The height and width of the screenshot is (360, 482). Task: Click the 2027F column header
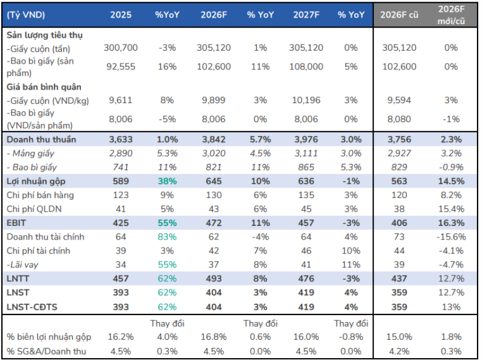(306, 15)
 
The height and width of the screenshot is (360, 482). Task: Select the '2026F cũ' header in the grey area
(399, 15)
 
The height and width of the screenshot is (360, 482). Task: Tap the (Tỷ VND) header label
(26, 15)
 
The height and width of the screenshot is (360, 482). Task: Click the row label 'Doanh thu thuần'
(41, 140)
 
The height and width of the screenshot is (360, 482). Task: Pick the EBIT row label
(16, 223)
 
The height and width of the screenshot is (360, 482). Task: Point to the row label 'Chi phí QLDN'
(34, 209)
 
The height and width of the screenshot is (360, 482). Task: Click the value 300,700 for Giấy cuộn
(120, 47)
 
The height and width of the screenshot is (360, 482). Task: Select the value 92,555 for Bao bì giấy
(120, 66)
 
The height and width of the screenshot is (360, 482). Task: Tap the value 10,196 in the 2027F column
(306, 100)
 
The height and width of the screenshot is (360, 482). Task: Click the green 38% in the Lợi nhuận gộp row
(167, 182)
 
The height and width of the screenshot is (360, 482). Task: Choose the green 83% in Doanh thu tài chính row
(167, 237)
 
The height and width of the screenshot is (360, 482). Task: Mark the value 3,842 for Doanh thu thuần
(214, 140)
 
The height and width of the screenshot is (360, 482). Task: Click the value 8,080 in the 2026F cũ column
(399, 120)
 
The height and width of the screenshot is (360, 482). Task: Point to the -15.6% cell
(451, 237)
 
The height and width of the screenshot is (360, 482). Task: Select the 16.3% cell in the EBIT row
(451, 223)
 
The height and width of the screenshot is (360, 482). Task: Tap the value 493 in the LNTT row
(214, 279)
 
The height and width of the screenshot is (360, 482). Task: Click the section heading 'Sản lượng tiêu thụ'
(44, 35)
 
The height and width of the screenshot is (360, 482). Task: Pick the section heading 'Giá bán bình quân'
(44, 87)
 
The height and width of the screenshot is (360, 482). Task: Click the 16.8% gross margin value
(214, 337)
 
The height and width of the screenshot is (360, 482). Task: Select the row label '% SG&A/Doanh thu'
(46, 351)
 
